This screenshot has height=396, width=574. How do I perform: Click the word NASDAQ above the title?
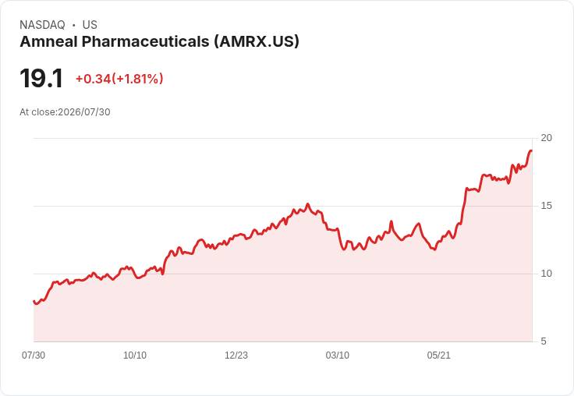[x=42, y=25]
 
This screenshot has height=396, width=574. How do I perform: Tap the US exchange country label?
[x=90, y=25]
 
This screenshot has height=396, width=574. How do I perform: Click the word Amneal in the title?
[x=48, y=41]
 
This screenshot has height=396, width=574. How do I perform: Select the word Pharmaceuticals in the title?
[x=145, y=41]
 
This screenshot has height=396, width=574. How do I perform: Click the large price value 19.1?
[x=41, y=78]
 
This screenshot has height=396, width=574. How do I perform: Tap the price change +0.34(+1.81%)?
[x=119, y=79]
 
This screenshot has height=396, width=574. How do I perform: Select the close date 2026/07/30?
[x=83, y=112]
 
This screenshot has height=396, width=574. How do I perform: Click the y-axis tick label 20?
[x=546, y=138]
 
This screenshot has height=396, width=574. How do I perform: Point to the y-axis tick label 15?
[x=546, y=206]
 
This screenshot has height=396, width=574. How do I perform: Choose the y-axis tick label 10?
[x=546, y=274]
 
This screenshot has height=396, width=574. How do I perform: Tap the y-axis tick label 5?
[x=544, y=341]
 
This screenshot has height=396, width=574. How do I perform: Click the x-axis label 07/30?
[x=34, y=355]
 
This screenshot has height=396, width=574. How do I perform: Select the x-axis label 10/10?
[x=135, y=355]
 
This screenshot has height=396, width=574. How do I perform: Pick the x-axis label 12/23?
[x=236, y=355]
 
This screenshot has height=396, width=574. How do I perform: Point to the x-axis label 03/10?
[x=337, y=355]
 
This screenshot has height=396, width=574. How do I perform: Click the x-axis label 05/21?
[x=438, y=355]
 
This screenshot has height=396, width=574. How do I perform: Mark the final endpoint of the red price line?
[x=532, y=150]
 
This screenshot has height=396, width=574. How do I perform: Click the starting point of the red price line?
[x=34, y=301]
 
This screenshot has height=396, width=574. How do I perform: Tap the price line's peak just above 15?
[x=307, y=204]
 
